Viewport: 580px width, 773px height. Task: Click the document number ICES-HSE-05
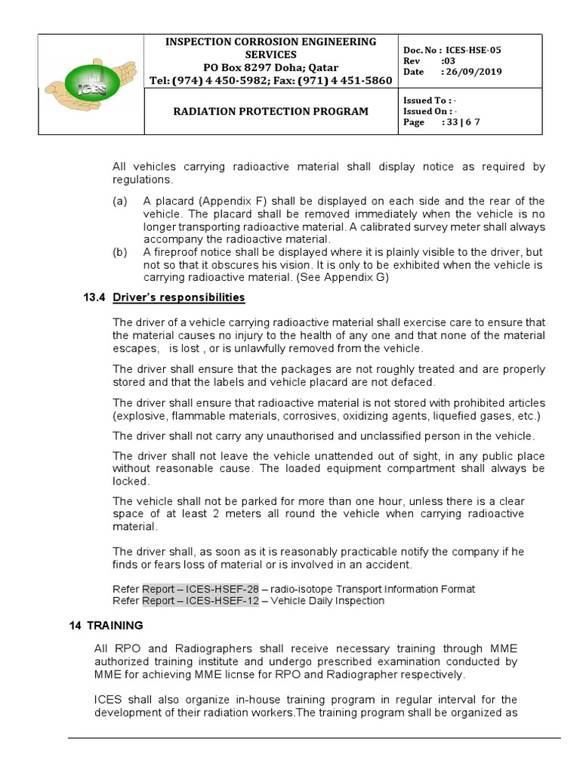tap(472, 50)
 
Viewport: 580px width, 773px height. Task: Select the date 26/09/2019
tap(474, 72)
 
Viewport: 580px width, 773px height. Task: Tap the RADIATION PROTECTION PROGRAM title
tap(271, 111)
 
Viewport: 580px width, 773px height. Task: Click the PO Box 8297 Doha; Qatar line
tap(270, 67)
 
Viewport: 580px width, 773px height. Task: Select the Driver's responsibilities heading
tap(179, 297)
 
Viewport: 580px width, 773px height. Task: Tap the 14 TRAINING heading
tap(106, 626)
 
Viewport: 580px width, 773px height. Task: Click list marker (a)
tap(120, 201)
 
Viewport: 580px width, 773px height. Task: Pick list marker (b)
tap(120, 252)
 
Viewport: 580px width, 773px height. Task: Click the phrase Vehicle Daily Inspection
tap(329, 601)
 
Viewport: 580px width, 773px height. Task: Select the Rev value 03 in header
tap(449, 61)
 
